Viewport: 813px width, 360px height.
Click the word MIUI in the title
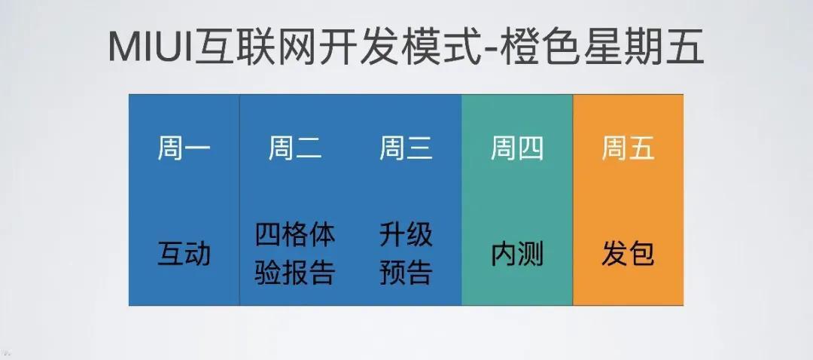point(151,47)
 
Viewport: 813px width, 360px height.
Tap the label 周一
point(184,148)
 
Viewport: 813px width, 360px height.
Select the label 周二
point(295,148)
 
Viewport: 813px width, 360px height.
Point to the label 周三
point(406,148)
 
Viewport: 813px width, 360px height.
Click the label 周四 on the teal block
point(517,148)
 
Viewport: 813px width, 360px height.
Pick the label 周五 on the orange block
point(628,148)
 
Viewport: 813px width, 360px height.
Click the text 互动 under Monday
point(184,254)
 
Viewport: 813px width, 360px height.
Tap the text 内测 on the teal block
point(517,254)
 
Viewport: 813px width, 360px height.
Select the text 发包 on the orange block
point(628,254)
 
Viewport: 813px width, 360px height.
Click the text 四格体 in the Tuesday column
point(295,234)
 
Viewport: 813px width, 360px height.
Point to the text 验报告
point(295,273)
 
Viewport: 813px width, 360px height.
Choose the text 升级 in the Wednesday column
point(406,234)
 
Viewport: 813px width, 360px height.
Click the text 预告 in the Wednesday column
point(406,273)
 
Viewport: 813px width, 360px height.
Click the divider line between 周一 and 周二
point(239,200)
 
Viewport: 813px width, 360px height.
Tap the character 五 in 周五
point(641,148)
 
